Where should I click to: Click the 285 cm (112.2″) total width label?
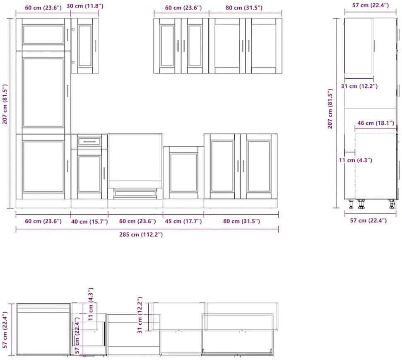point(141,234)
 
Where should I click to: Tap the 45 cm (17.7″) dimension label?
point(183,221)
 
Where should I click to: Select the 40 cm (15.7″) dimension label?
point(89,221)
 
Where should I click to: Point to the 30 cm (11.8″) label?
point(85,6)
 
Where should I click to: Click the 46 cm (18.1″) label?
point(376,123)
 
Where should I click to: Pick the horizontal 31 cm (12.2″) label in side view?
point(359,86)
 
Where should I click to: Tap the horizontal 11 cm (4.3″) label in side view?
point(355,160)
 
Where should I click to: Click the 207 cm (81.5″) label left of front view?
point(5,104)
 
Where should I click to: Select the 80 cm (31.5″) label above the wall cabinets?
point(244,8)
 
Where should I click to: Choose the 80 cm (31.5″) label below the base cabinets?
point(241,221)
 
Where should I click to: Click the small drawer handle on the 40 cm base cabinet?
point(89,141)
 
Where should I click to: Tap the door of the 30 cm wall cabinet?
point(85,46)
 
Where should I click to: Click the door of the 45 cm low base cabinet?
point(183,172)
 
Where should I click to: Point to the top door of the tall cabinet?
point(43,34)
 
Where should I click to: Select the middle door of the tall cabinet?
point(43,93)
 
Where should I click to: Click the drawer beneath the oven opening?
point(135,193)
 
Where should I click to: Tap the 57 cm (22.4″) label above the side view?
point(371,5)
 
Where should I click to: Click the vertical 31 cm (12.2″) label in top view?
point(140,315)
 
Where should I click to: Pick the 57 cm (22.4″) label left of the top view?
point(5,330)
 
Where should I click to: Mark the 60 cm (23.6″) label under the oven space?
point(137,221)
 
